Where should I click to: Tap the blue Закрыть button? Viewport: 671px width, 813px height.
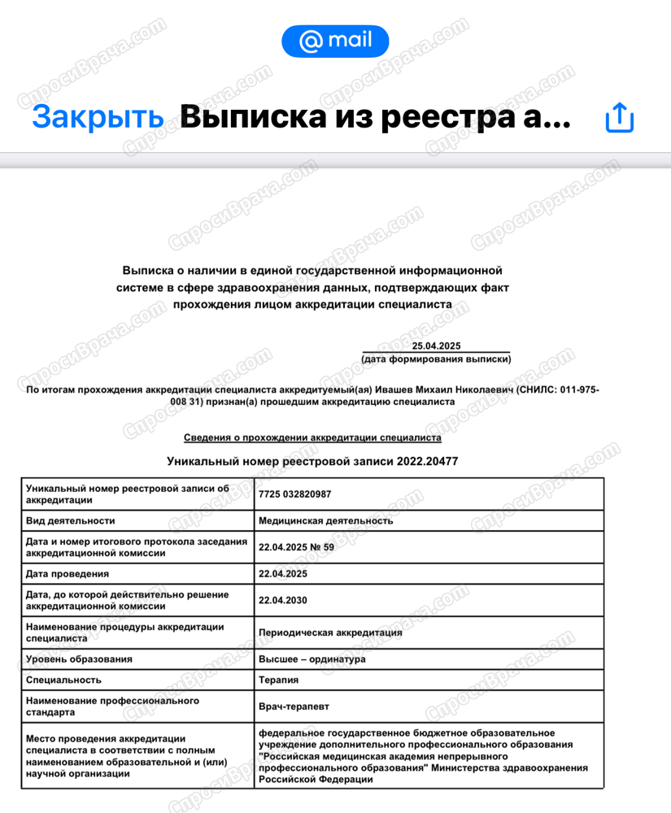[x=98, y=117]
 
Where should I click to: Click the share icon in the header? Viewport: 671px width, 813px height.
[x=619, y=118]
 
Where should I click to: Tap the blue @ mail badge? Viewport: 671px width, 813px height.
[x=335, y=41]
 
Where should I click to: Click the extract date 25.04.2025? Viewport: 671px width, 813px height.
[x=436, y=346]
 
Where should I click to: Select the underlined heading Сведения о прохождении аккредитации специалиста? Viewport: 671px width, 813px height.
[x=312, y=437]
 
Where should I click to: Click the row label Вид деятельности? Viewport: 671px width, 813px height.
[x=71, y=520]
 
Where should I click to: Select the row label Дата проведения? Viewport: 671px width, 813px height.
[x=67, y=574]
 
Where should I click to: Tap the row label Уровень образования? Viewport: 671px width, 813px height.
[x=79, y=659]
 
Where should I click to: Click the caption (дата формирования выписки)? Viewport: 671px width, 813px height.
[x=436, y=359]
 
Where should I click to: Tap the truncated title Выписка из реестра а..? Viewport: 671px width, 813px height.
[x=374, y=118]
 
